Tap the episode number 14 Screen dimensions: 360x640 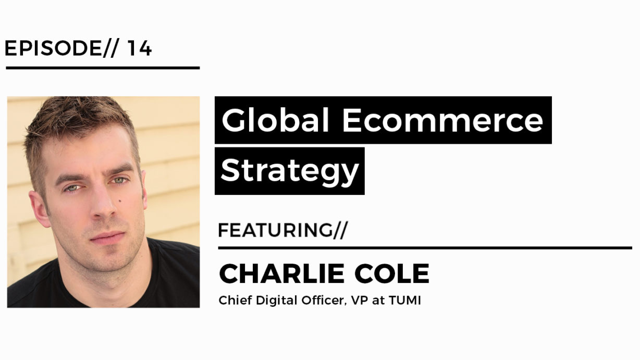tap(139, 48)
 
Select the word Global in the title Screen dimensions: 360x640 tap(276, 120)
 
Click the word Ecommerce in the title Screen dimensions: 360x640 tap(442, 120)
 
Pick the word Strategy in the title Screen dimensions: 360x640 tap(290, 171)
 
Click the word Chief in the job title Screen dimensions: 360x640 tap(230, 301)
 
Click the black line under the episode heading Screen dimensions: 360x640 tap(103, 68)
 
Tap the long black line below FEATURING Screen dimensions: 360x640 tap(425, 248)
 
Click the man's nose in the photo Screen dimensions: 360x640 tap(104, 206)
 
